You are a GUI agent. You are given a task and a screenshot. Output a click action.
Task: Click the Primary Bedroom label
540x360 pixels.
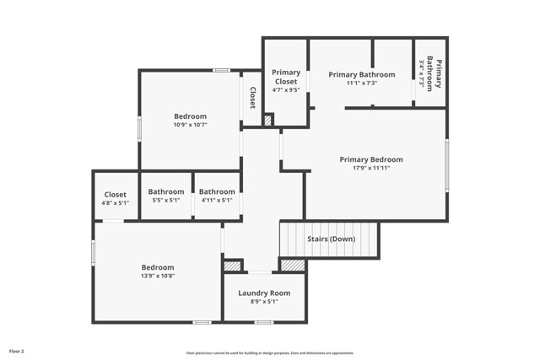pos(370,159)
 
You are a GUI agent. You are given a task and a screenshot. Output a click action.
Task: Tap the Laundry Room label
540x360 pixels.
pos(263,293)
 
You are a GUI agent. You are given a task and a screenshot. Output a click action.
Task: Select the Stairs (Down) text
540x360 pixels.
pos(330,239)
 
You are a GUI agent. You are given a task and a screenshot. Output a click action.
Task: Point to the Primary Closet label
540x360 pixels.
pos(286,77)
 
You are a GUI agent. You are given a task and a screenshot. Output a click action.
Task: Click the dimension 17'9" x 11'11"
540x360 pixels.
pos(370,168)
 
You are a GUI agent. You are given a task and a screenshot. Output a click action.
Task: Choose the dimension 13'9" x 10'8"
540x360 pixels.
pos(158,276)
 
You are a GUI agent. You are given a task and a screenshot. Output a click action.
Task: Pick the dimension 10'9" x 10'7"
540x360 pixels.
pos(190,125)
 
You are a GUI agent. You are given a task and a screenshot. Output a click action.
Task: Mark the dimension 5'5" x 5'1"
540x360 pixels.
pos(166,200)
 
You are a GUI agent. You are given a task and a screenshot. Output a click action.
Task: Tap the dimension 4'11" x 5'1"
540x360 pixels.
pos(217,200)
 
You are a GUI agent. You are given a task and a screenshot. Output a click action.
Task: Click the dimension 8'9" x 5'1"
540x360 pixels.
pos(263,302)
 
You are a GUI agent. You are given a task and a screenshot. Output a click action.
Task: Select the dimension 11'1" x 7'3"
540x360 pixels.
pos(361,83)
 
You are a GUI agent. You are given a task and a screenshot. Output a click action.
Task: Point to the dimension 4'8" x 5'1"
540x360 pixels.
pos(115,203)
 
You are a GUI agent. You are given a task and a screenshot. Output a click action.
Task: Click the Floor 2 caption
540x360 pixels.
pos(17,351)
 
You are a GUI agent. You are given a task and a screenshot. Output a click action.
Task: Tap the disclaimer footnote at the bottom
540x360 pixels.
pos(270,353)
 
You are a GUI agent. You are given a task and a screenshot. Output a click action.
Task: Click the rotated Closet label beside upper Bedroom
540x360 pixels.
pos(252,98)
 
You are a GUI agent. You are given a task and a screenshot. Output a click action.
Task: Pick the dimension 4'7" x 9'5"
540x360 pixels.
pos(286,89)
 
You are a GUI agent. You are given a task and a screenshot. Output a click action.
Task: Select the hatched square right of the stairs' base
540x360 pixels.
pos(292,265)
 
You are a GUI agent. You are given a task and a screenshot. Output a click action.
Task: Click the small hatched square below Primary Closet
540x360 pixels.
pos(267,121)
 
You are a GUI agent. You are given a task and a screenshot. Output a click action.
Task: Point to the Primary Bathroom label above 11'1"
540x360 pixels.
pos(361,74)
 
